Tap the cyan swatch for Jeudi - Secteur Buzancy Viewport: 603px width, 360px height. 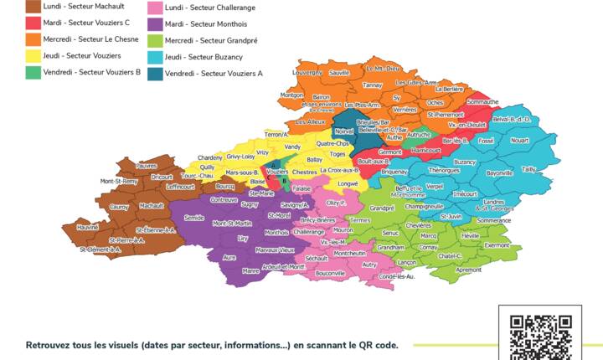point(153,56)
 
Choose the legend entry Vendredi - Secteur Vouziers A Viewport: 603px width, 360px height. point(214,73)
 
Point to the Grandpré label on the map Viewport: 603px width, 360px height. point(381,208)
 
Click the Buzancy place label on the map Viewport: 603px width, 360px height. point(465,162)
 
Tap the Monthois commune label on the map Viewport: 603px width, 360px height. point(276,233)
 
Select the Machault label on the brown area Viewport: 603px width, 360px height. point(152,205)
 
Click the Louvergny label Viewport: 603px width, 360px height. point(307,73)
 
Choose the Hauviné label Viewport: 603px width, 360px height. point(89,227)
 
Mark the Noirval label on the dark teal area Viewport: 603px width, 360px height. point(344,131)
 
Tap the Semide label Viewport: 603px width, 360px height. point(194,217)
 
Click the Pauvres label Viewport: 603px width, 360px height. point(147,166)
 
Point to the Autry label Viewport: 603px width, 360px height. point(369,265)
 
